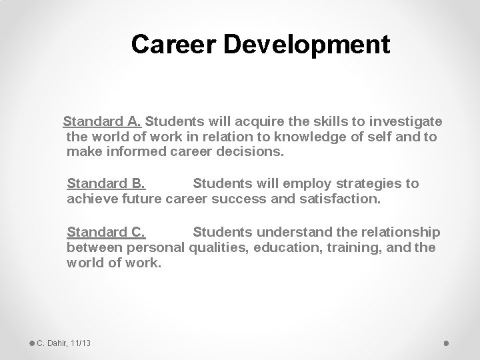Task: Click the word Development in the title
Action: click(x=307, y=45)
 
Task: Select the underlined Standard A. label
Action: click(x=101, y=122)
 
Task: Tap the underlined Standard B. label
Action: click(x=106, y=183)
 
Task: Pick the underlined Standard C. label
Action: click(x=106, y=232)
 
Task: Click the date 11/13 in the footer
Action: click(x=80, y=343)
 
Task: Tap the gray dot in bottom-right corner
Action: click(x=446, y=343)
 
